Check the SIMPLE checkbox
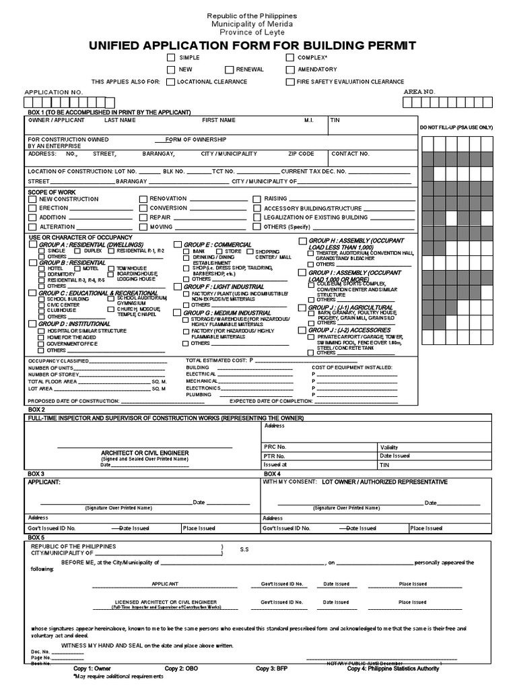pos(172,59)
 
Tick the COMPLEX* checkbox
pos(289,59)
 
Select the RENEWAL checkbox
pos(229,70)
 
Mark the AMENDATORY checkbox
pos(289,70)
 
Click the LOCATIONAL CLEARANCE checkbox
pos(172,82)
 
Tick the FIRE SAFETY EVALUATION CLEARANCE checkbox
pos(289,82)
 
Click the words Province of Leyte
pos(258,32)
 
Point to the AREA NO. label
pos(419,91)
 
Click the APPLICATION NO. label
pos(54,91)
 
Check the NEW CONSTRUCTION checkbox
pos(32,199)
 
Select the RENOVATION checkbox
pos(143,199)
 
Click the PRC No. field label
pos(275,447)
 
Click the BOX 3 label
pos(36,474)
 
